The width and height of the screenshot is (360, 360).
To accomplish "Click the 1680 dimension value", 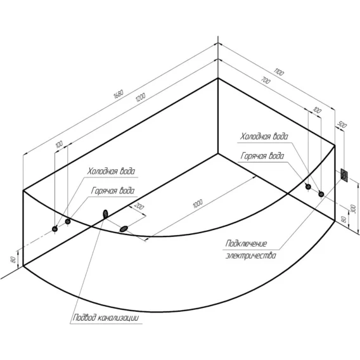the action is (x=119, y=94).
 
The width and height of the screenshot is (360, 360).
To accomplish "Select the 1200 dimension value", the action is (x=141, y=97).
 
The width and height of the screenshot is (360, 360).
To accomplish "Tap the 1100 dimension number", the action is (x=279, y=72).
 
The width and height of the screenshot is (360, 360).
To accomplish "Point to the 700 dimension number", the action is (x=266, y=80).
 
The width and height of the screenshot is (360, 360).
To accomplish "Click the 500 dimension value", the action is (x=342, y=125).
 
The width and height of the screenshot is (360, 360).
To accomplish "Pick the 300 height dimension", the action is (x=354, y=209).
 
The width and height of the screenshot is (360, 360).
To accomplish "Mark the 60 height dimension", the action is (x=344, y=219).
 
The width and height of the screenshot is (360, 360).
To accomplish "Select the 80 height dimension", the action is (x=13, y=260).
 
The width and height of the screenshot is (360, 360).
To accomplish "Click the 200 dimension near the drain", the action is (x=139, y=206).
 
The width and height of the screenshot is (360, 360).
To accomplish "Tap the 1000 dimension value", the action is (x=198, y=203).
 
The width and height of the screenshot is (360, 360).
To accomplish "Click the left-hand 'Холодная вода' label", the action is (x=111, y=171).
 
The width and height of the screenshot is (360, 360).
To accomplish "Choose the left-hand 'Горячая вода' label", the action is (x=113, y=191).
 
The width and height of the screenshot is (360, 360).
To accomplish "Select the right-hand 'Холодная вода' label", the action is (x=264, y=136).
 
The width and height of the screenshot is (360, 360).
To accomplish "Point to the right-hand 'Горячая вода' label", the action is (x=262, y=156).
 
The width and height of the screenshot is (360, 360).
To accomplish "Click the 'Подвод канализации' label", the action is (x=106, y=318).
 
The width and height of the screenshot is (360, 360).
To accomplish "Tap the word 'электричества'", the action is (x=251, y=255).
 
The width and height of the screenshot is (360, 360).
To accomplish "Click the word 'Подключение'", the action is (x=246, y=243).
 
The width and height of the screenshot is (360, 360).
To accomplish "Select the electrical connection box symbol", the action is (x=344, y=176).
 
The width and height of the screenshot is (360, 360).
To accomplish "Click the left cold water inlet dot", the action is (x=55, y=229).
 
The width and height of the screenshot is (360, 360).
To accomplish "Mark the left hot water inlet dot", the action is (x=68, y=222).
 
